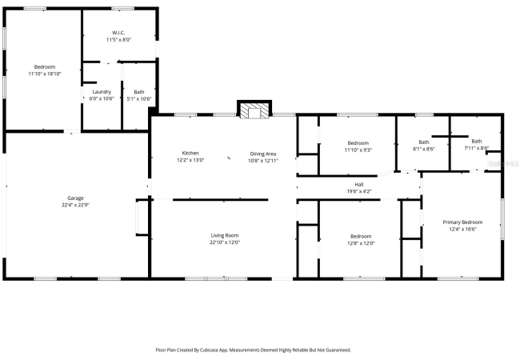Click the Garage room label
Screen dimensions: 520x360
[x=75, y=198]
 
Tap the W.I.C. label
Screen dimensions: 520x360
[x=118, y=33]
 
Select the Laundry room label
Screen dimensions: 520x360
[x=102, y=92]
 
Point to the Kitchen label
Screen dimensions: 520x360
[x=190, y=153]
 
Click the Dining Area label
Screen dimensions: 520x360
[x=263, y=154]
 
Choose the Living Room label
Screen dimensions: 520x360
[x=225, y=235]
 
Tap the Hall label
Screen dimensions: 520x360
[x=359, y=185]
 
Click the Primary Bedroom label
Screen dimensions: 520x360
[x=462, y=222]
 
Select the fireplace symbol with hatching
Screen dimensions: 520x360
[x=254, y=110]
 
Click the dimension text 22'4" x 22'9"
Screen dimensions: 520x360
[x=75, y=205]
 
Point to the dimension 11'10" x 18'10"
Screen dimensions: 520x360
[x=45, y=74]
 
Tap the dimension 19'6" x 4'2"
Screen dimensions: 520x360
[x=359, y=191]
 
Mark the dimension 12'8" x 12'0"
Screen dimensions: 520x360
[x=361, y=243]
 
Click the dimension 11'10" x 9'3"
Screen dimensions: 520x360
[x=358, y=150]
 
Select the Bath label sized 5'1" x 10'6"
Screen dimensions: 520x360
[x=139, y=92]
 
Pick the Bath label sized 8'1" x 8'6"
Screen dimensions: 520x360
[x=424, y=142]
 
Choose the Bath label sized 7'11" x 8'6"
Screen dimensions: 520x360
[x=477, y=142]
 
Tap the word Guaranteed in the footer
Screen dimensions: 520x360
[x=338, y=350]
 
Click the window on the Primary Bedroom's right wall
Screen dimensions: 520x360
[x=502, y=219]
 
